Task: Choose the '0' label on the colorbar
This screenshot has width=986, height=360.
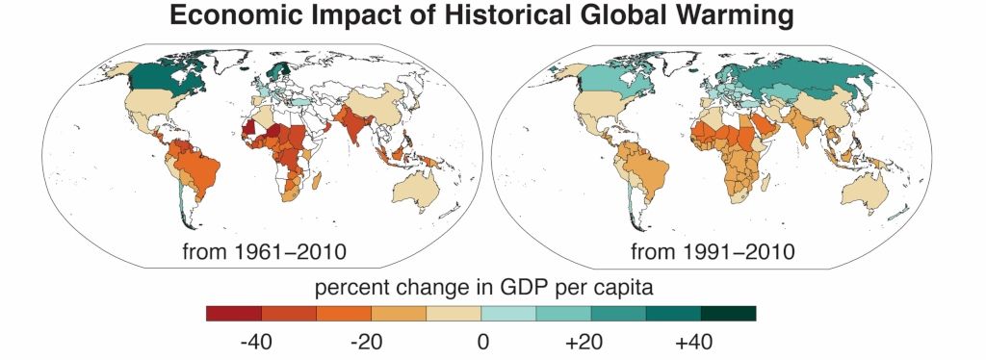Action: tap(481, 341)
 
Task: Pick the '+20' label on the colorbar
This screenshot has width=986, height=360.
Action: tap(590, 341)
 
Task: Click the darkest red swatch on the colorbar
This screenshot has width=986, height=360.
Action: tap(234, 313)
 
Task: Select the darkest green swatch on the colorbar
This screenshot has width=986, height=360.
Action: tap(728, 313)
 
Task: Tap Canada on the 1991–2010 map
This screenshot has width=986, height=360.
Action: tap(587, 77)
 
